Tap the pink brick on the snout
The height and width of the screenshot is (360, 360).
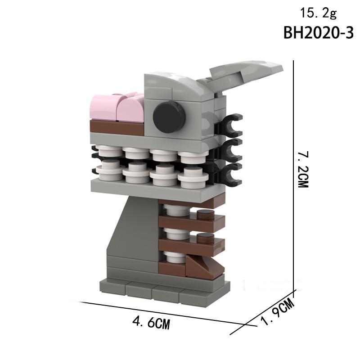click(x=118, y=108)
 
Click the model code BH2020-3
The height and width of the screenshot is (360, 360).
click(x=319, y=33)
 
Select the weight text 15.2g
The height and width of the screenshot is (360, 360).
click(x=318, y=13)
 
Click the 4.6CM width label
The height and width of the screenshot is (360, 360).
click(x=151, y=322)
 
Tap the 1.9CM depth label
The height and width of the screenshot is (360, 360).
click(x=278, y=314)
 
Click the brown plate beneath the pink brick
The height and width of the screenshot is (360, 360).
click(x=116, y=127)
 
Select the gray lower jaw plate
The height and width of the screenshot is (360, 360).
click(x=148, y=189)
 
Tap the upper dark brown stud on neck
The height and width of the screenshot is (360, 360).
click(x=206, y=214)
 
